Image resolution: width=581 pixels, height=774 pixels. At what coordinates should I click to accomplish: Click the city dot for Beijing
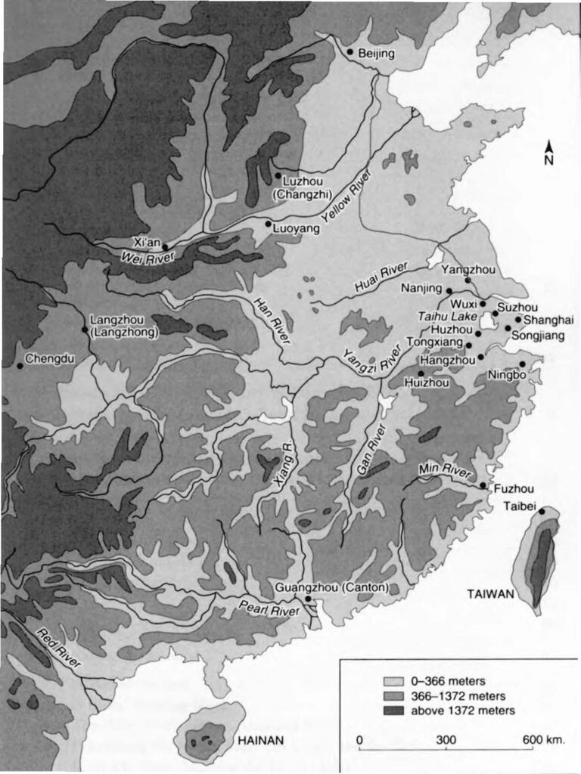click(x=350, y=51)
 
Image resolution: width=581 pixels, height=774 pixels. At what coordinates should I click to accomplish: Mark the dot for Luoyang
click(x=269, y=224)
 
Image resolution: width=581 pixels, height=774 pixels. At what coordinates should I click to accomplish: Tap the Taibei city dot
click(x=542, y=512)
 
